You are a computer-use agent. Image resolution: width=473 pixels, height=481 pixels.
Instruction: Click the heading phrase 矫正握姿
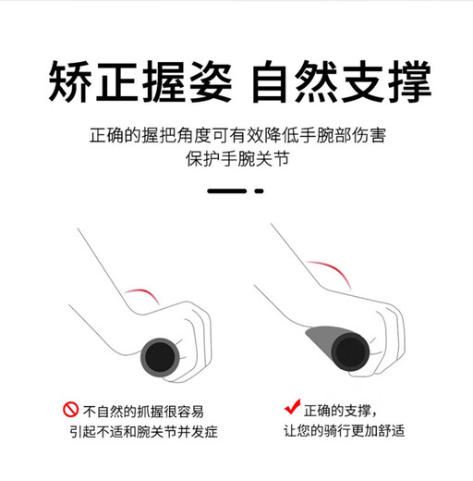click(x=138, y=83)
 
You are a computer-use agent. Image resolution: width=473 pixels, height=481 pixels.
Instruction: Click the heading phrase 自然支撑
click(x=341, y=83)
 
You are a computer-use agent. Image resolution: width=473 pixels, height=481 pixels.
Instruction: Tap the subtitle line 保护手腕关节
click(x=236, y=158)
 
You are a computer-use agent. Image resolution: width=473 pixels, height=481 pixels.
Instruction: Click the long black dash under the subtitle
click(x=228, y=190)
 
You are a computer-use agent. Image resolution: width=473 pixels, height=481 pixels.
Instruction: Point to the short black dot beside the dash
click(x=260, y=190)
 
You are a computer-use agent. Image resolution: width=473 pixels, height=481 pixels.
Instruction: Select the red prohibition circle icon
click(x=70, y=410)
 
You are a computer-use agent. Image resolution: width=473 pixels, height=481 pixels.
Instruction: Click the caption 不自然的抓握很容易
click(x=144, y=411)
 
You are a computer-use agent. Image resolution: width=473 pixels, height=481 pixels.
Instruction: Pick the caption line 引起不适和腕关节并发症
click(x=145, y=432)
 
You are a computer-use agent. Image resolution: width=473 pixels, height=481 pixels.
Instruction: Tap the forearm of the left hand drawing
click(x=92, y=277)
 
